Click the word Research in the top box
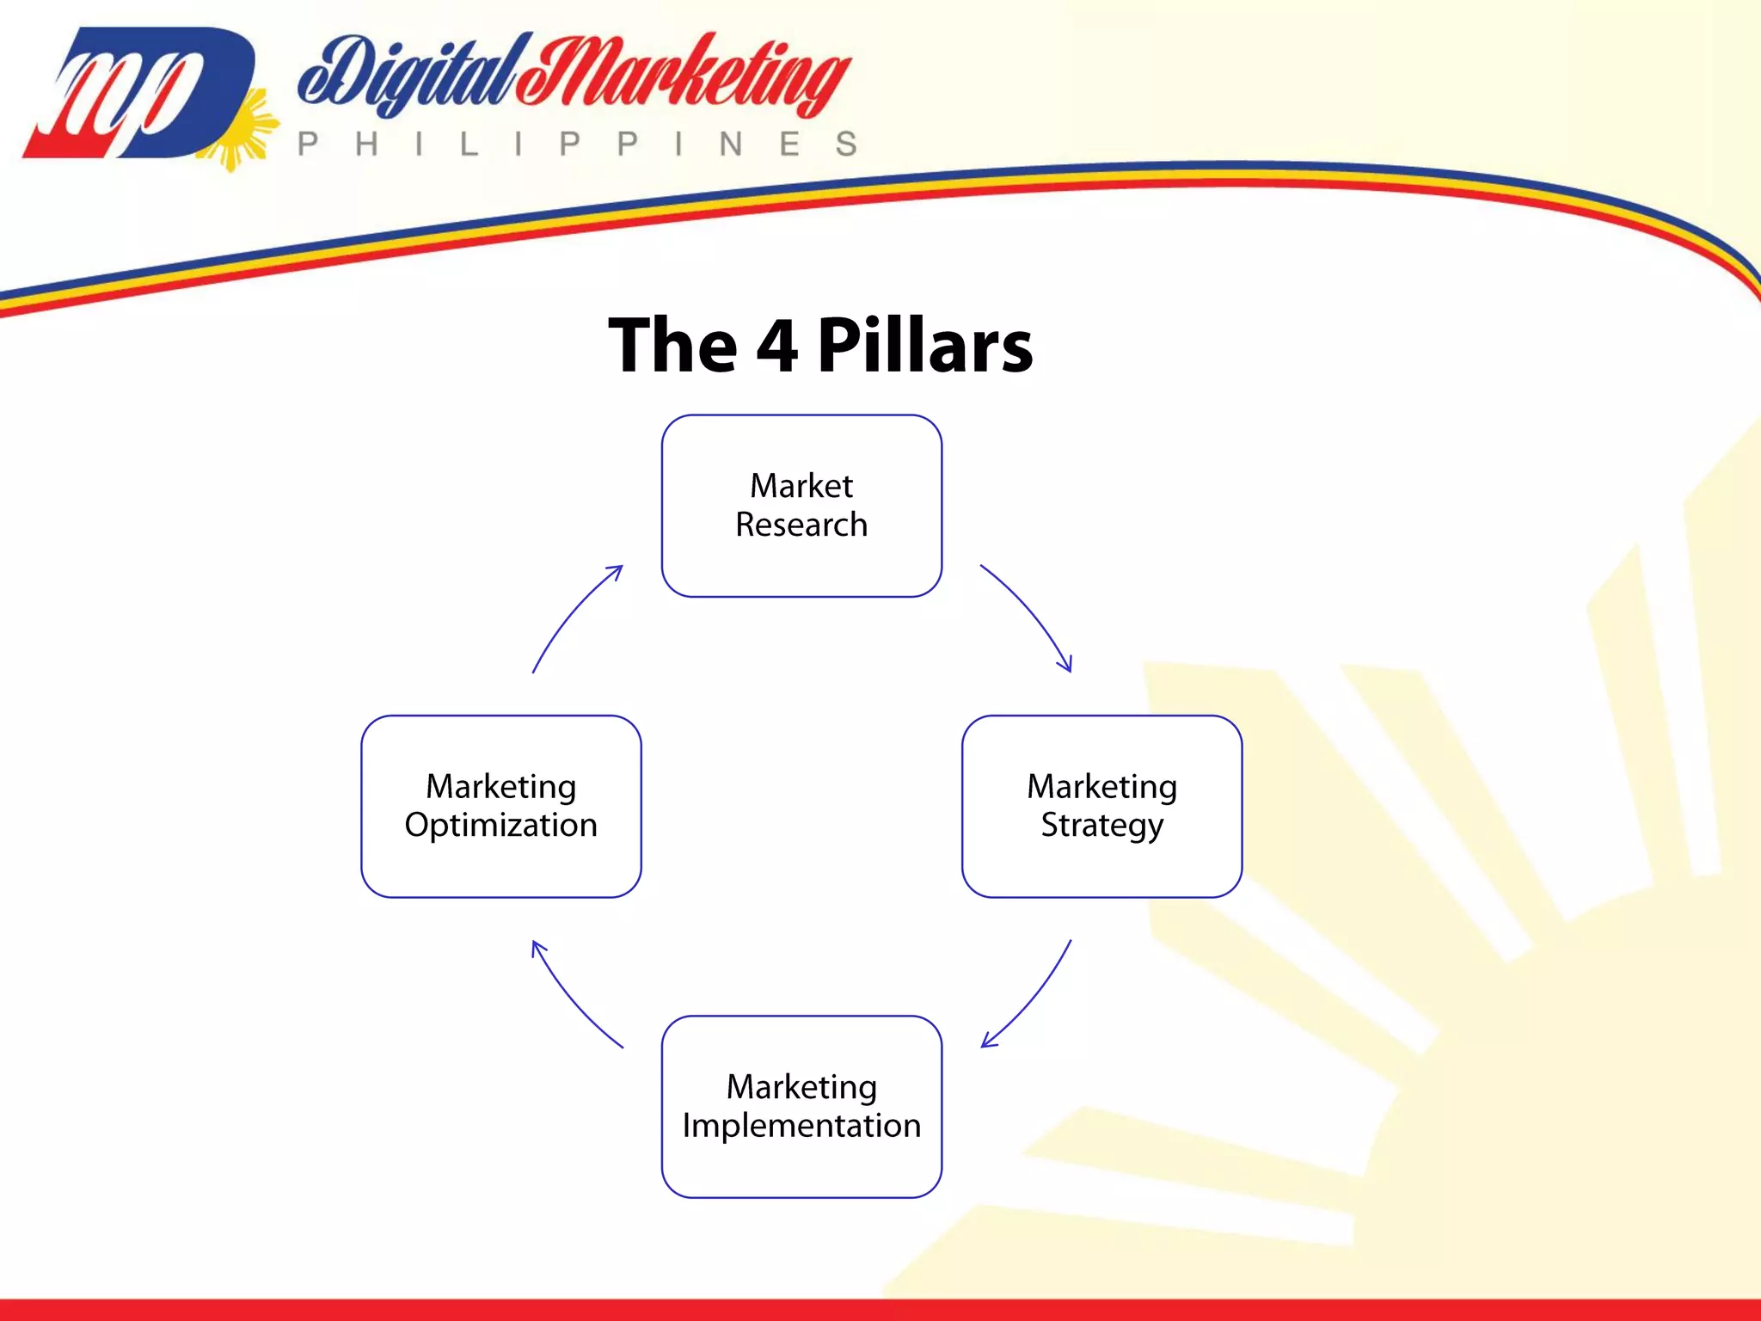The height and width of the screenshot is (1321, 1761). coord(801,525)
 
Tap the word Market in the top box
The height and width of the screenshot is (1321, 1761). coord(801,486)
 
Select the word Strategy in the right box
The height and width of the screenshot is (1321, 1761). coord(1101,826)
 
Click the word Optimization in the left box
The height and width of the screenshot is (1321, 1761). coord(500,826)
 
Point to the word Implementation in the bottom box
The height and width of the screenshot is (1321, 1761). coord(801,1126)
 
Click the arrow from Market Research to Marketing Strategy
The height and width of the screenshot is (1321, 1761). coord(1031,612)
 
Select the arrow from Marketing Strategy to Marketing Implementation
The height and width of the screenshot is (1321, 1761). coord(1033,998)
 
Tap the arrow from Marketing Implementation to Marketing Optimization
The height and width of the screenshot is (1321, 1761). coord(571,998)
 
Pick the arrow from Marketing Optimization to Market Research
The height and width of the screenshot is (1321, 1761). coord(573,612)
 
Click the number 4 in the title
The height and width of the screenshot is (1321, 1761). coord(777,346)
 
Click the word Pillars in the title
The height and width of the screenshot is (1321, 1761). coord(924,346)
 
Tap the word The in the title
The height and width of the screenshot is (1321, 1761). coord(672,346)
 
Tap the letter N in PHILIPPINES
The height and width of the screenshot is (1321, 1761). coord(731,144)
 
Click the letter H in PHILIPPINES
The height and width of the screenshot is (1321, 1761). coord(366,144)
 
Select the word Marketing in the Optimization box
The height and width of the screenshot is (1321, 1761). coord(500,787)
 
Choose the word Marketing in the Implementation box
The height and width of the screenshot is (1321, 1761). coord(801,1087)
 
